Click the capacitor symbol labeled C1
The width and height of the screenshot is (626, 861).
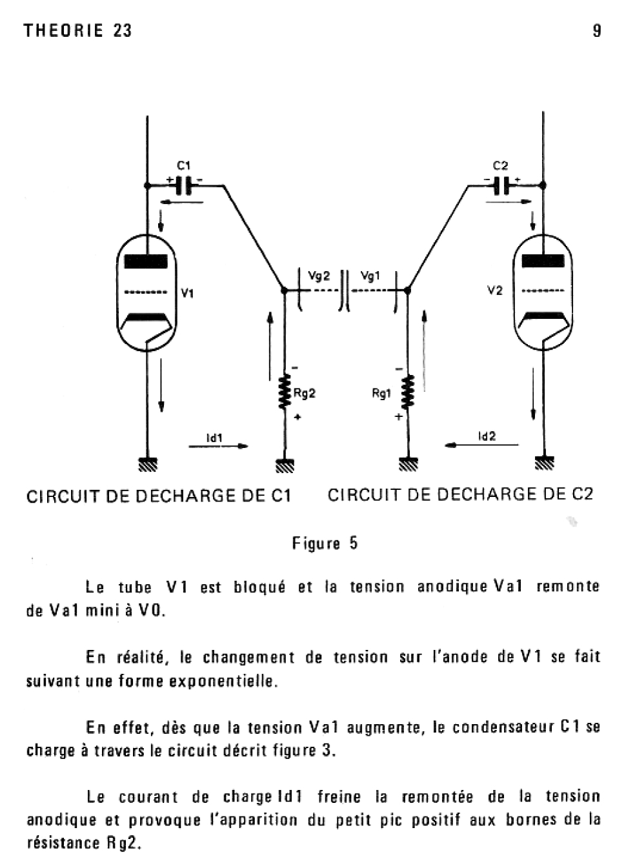pos(183,185)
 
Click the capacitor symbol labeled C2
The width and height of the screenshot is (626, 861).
pos(502,185)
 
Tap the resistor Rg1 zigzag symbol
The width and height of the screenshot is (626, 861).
pos(407,392)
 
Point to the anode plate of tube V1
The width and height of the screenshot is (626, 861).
pos(146,261)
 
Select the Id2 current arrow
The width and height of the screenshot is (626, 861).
pos(481,445)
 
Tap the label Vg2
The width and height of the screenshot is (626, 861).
pos(319,276)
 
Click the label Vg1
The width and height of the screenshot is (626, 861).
pos(370,276)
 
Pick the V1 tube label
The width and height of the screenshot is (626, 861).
pos(188,293)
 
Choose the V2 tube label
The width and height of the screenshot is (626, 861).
pos(495,290)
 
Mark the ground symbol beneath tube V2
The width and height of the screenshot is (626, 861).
pos(545,463)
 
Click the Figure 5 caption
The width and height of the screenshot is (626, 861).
pos(325,543)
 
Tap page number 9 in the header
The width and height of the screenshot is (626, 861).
pos(597,30)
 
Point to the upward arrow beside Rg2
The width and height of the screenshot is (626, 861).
pos(270,345)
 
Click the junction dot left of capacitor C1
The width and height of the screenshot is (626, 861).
pos(148,185)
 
